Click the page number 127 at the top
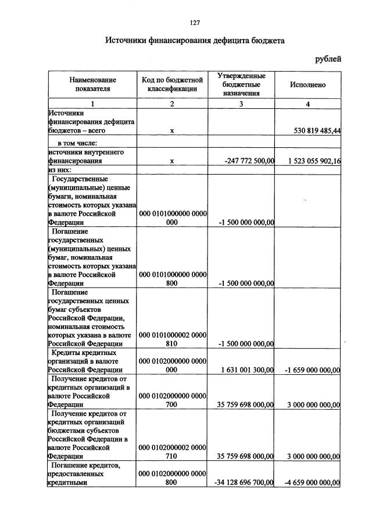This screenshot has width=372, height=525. point(195,23)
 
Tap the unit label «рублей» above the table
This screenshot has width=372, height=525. point(328,58)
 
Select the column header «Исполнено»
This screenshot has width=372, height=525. point(307,84)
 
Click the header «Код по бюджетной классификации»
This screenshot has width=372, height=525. point(171,84)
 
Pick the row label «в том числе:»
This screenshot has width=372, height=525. point(77,143)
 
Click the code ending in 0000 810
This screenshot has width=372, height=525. point(171,339)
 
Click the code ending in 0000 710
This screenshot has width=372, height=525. point(171,453)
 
